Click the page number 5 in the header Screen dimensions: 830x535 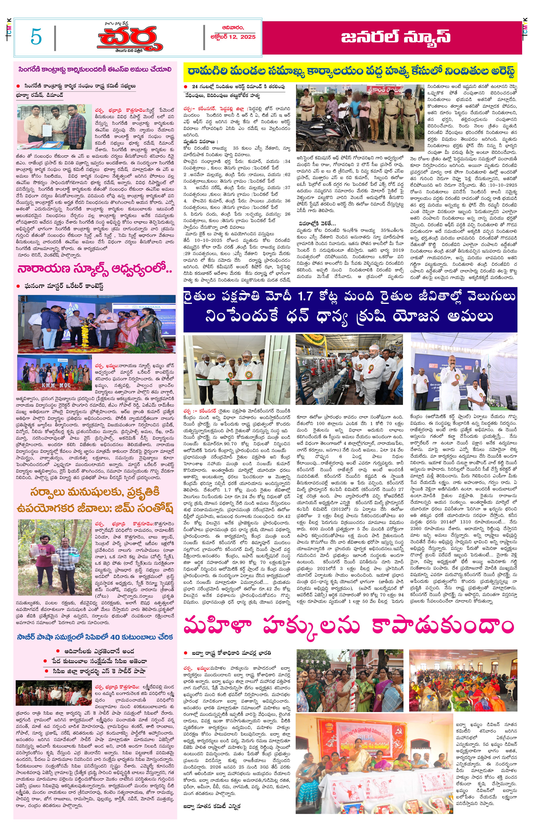pos(36,37)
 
